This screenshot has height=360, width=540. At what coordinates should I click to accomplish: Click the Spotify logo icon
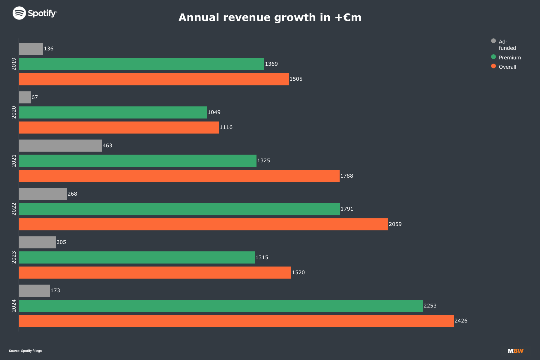point(19,13)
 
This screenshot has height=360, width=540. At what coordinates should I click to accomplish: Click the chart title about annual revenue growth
point(270,17)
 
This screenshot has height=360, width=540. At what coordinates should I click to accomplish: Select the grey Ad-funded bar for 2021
point(60,145)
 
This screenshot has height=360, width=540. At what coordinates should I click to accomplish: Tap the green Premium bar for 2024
point(221,306)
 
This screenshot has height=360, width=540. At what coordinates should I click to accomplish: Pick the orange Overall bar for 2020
point(119,127)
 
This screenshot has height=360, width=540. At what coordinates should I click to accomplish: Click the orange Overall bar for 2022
point(203,224)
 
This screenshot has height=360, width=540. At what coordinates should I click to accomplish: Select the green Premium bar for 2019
point(142,64)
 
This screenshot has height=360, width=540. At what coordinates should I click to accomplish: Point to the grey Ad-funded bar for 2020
point(25,97)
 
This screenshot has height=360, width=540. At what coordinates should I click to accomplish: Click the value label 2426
point(461,321)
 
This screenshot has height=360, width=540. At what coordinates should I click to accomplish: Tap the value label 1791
point(347,209)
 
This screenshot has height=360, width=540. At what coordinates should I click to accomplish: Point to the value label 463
point(107,145)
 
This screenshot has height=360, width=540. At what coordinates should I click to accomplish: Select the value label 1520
point(298,272)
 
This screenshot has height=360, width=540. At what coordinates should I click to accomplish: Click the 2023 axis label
point(14,257)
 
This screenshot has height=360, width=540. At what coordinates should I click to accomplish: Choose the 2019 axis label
point(14,64)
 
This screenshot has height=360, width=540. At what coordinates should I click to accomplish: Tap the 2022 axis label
point(14,209)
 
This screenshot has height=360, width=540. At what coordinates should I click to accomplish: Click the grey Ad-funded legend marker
point(493,41)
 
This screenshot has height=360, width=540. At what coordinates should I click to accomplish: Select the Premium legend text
point(510,58)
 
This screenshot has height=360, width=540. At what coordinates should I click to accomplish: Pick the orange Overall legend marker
point(493,66)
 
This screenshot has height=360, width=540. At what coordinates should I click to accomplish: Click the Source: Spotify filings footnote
point(25,351)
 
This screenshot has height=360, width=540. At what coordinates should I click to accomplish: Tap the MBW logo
point(515,351)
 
